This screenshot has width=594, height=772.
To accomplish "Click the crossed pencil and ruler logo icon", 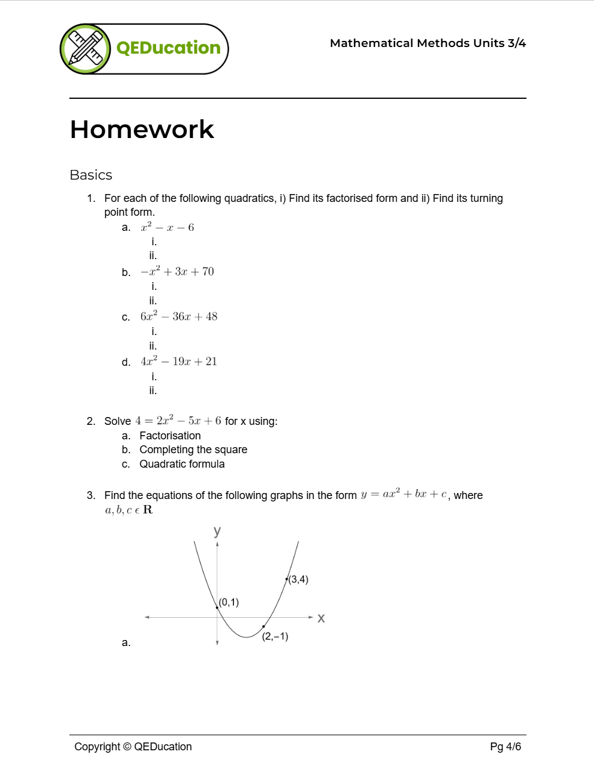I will pyautogui.click(x=85, y=49).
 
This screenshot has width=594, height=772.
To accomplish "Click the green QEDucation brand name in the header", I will pyautogui.click(x=168, y=48).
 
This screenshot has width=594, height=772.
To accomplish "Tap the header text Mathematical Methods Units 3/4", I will pyautogui.click(x=428, y=43).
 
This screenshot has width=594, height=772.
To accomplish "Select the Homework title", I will pyautogui.click(x=142, y=130).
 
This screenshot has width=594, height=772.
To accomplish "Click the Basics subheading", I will pyautogui.click(x=91, y=175).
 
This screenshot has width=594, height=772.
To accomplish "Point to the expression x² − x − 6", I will pyautogui.click(x=167, y=228).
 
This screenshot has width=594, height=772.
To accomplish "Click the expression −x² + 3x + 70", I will pyautogui.click(x=177, y=272).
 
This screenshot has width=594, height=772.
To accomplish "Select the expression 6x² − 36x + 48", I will pyautogui.click(x=179, y=317).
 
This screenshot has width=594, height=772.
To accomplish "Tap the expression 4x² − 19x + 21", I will pyautogui.click(x=179, y=362).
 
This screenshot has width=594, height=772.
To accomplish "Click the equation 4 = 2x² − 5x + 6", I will pyautogui.click(x=178, y=421).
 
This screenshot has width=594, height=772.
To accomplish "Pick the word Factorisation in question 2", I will pyautogui.click(x=170, y=436).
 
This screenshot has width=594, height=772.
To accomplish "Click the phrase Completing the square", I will pyautogui.click(x=193, y=450).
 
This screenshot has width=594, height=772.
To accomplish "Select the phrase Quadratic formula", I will pyautogui.click(x=182, y=464).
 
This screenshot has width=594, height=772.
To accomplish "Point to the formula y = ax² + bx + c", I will pyautogui.click(x=404, y=495).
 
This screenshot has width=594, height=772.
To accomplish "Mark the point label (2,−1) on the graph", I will pyautogui.click(x=275, y=636).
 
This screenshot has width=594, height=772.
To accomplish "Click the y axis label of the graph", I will pyautogui.click(x=217, y=531).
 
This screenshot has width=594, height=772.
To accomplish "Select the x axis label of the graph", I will pyautogui.click(x=321, y=618).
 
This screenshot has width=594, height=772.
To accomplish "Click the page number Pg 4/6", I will pyautogui.click(x=505, y=747).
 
